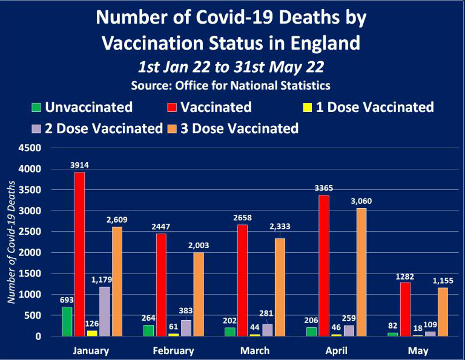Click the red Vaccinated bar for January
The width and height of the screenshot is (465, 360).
79,254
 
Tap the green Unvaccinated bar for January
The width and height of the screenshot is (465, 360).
67,321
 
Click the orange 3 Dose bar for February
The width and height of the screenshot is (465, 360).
199,294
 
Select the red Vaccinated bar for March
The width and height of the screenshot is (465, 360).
242,280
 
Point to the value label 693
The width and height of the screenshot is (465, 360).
66,299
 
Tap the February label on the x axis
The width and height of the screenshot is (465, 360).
174,351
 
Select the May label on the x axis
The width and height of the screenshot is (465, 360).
418,351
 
